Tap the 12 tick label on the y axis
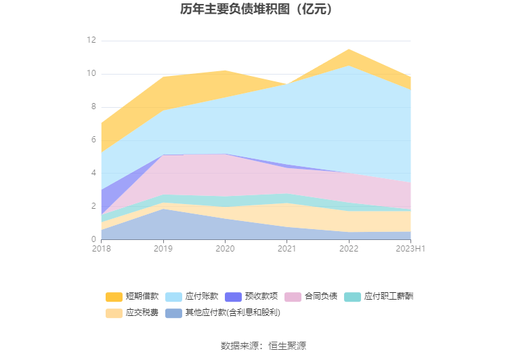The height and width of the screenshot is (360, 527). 91,41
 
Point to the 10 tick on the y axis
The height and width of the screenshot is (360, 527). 91,74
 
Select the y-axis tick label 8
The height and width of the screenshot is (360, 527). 93,107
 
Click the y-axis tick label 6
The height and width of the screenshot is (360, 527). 93,140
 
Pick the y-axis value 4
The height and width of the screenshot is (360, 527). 93,174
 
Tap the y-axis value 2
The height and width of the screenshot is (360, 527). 93,206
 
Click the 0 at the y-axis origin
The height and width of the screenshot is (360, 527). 93,239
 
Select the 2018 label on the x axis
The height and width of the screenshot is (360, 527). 101,249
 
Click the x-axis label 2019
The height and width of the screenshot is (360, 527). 163,249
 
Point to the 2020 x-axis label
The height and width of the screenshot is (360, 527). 225,249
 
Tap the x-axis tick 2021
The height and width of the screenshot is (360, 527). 287,249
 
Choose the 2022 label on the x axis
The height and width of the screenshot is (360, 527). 349,249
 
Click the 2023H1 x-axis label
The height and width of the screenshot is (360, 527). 410,249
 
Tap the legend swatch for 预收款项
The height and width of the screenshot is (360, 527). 233,296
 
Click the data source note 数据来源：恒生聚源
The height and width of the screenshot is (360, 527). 263,346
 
